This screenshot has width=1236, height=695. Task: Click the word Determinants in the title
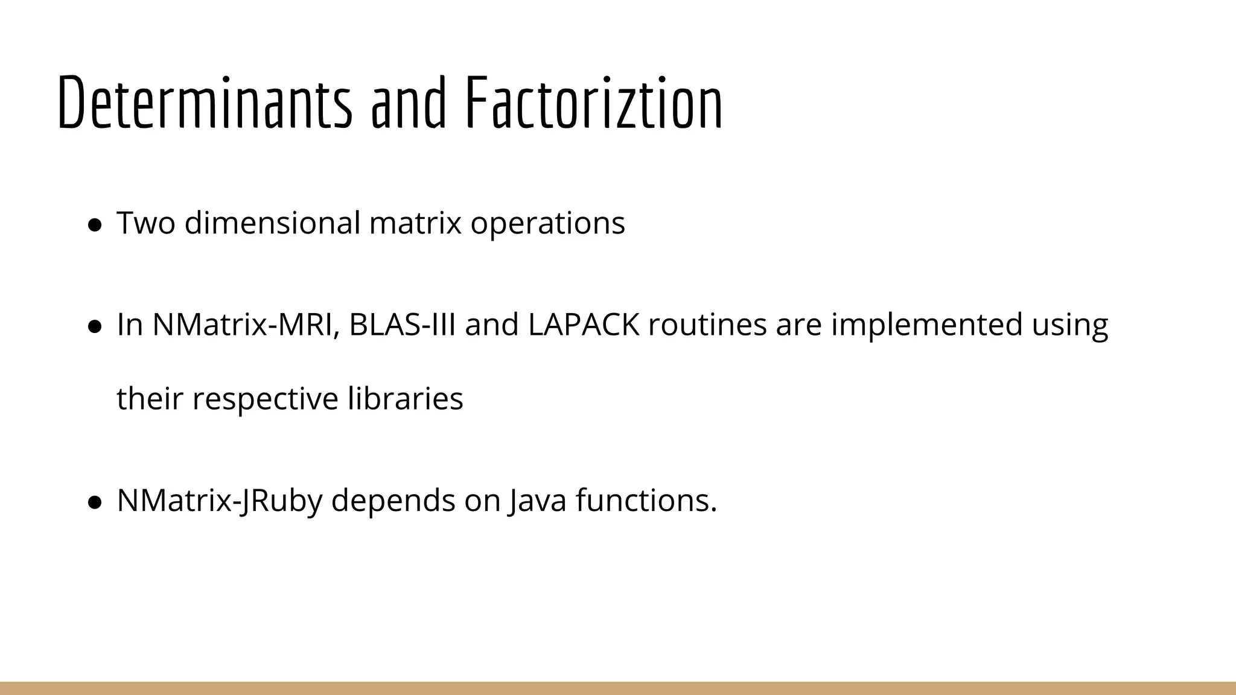click(205, 103)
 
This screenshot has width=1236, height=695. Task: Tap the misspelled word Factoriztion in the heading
click(594, 103)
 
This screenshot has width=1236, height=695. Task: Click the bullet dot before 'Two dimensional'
click(94, 225)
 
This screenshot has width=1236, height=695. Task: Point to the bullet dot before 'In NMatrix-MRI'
click(94, 326)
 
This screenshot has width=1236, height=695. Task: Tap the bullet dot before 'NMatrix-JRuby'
click(94, 502)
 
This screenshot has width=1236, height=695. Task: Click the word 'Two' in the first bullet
click(145, 223)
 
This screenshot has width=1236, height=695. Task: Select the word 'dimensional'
click(272, 223)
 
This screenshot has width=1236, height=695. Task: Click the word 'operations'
click(547, 223)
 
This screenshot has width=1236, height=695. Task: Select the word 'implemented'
click(926, 325)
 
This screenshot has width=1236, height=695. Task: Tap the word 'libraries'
click(406, 399)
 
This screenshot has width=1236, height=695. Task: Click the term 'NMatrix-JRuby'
click(220, 500)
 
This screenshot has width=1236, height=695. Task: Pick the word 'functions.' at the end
click(646, 500)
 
